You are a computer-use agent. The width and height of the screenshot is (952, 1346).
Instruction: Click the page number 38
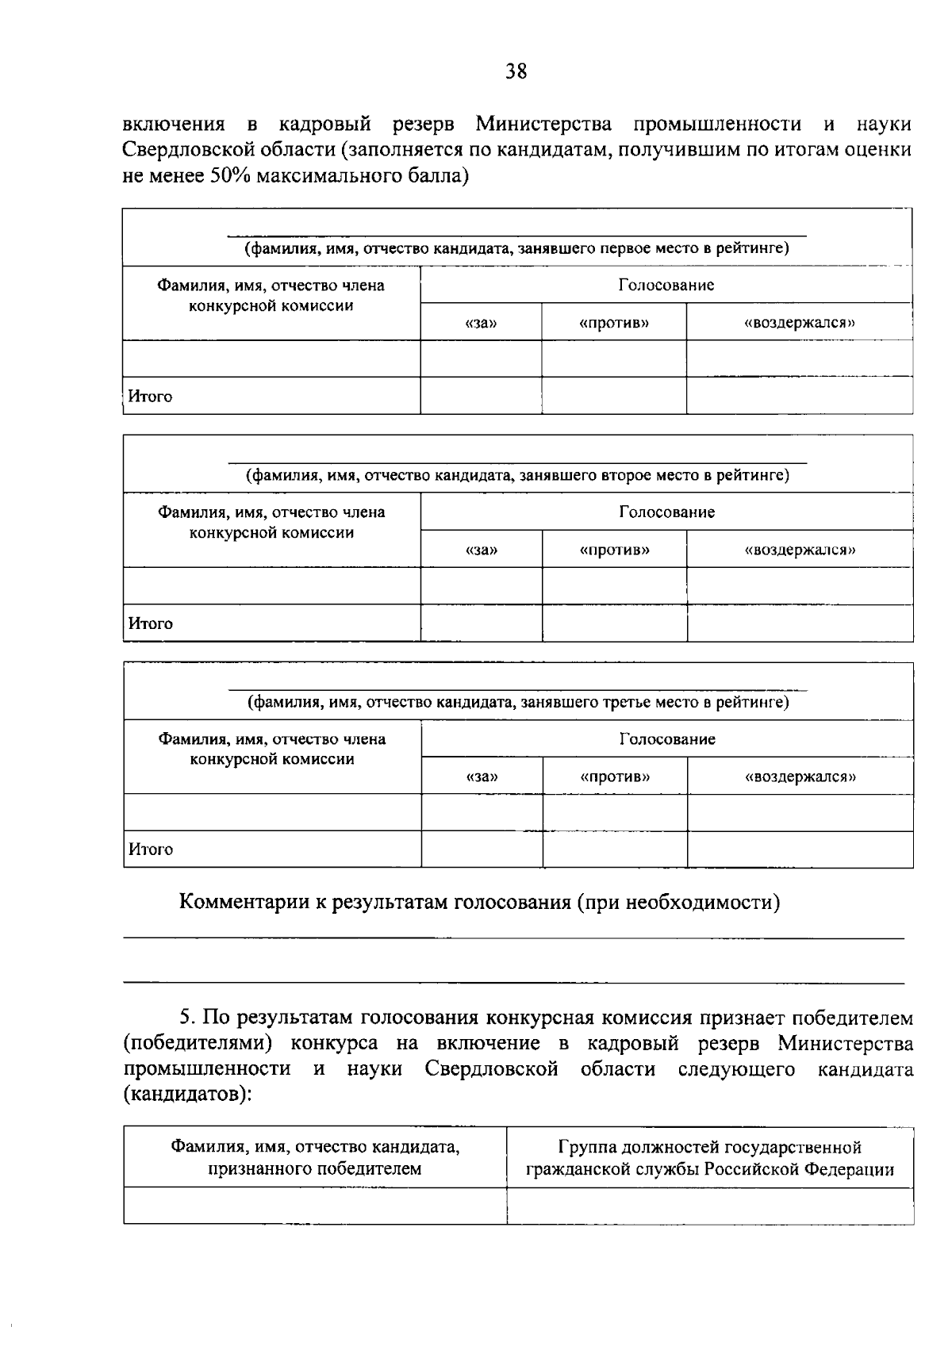click(x=516, y=71)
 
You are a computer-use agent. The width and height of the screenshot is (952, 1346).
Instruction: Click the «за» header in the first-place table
click(x=481, y=323)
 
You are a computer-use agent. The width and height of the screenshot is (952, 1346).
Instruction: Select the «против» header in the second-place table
click(x=615, y=550)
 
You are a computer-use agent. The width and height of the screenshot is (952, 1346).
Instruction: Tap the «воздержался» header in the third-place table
click(x=800, y=777)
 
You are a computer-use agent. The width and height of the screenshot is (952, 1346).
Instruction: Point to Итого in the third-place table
click(x=151, y=849)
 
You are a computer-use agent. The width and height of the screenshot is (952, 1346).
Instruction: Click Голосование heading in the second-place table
click(x=666, y=512)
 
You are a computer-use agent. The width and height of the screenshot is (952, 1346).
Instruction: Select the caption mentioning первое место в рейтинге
click(x=516, y=249)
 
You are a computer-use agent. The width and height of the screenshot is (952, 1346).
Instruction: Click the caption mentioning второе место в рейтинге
click(x=516, y=476)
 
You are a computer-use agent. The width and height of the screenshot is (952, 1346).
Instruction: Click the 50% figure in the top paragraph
click(x=229, y=175)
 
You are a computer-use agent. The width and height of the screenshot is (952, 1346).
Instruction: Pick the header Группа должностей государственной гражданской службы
click(x=709, y=1158)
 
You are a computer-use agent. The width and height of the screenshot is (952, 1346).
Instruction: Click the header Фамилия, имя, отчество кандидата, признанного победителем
click(x=315, y=1158)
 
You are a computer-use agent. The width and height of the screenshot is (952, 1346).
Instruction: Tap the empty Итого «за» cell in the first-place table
click(x=481, y=396)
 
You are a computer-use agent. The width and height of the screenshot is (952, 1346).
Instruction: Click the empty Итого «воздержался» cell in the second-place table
click(x=800, y=623)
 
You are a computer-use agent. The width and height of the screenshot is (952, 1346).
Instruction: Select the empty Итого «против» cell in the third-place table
click(x=615, y=849)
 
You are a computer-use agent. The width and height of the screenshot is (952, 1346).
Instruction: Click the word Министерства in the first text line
click(x=544, y=125)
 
